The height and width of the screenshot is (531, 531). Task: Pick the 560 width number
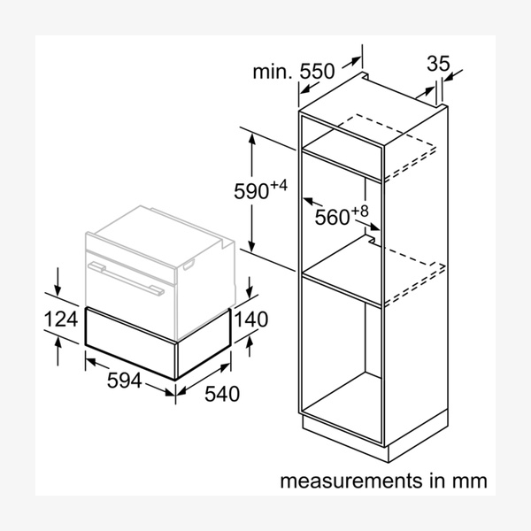(x=333, y=217)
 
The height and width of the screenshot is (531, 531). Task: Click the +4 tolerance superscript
(x=279, y=185)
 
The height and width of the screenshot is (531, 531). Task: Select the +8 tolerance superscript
(x=358, y=211)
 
